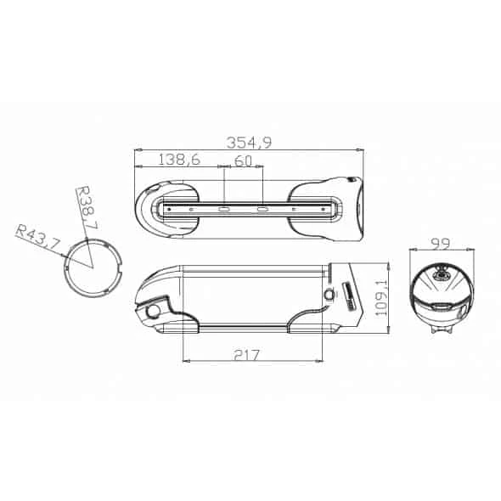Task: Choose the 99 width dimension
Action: click(439, 244)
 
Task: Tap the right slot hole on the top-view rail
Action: click(263, 207)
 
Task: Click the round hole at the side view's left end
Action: click(153, 312)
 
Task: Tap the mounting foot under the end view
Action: click(439, 333)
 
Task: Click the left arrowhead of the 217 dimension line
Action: click(186, 361)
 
